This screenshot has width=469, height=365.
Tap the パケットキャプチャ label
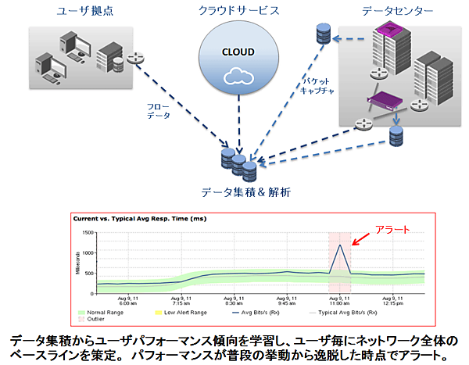321,86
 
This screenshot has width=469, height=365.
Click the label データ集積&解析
238,189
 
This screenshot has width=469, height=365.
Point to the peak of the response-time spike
341,245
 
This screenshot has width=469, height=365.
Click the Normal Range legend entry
101,313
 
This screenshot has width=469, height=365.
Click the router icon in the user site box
136,58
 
